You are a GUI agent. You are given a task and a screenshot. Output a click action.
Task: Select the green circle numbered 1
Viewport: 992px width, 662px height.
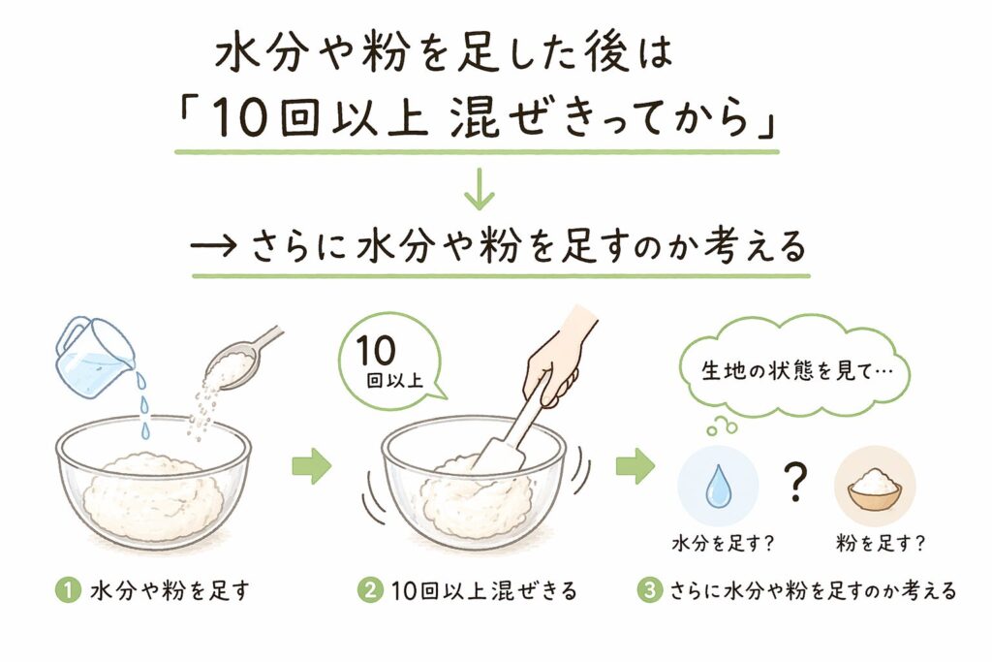tap(69, 590)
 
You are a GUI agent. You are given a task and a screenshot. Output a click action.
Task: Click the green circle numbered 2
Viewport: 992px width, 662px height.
tap(370, 590)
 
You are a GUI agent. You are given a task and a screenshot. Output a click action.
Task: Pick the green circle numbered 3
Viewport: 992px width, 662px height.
tap(650, 590)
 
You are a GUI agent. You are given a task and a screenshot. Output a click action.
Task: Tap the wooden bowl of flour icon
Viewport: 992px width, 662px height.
tap(875, 488)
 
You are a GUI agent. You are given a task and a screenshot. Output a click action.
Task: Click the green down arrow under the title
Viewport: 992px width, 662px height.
tap(479, 189)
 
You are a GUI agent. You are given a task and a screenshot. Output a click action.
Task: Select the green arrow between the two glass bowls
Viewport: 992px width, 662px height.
tap(312, 466)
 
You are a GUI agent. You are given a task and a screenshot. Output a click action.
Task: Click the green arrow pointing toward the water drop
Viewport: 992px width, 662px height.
tap(635, 466)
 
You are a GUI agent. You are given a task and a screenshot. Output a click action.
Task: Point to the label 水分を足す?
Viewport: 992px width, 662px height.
tap(723, 543)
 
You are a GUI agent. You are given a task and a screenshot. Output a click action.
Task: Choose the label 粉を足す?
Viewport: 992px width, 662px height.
tap(881, 543)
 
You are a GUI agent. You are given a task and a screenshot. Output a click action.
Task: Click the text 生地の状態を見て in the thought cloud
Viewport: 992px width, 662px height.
tap(788, 371)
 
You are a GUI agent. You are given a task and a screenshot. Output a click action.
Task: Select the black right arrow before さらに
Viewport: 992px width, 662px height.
tap(214, 246)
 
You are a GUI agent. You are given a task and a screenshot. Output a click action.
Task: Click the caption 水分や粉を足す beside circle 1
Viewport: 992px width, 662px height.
tap(170, 590)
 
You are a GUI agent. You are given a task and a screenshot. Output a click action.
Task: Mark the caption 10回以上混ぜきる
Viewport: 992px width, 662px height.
tap(484, 590)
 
